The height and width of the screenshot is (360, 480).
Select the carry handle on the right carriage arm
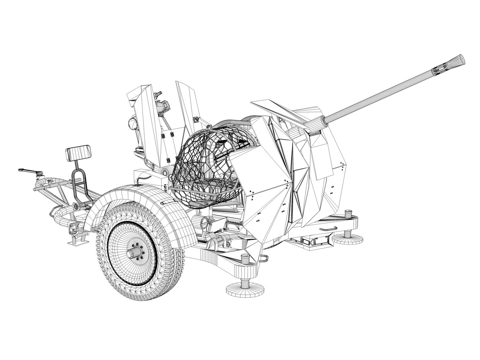[x=328, y=228]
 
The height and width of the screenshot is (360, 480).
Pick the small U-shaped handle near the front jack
[x=263, y=257]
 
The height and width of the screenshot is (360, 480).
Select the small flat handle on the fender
[x=168, y=202]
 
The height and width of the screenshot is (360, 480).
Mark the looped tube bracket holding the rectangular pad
[x=79, y=182]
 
